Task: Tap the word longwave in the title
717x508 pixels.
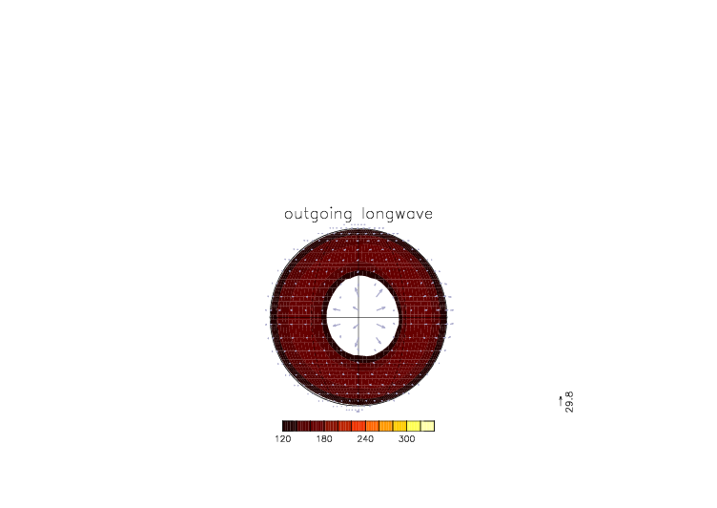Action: tap(398, 214)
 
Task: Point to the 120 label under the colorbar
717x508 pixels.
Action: tap(283, 439)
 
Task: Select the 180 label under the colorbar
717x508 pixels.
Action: tap(324, 439)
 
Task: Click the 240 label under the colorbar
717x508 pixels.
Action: tap(365, 439)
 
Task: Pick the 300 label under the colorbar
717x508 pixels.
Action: tap(406, 439)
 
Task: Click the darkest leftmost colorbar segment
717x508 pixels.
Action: tap(290, 426)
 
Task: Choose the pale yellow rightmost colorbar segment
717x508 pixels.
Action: tap(427, 426)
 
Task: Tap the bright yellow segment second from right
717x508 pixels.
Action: tap(414, 426)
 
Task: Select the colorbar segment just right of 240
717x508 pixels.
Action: tap(372, 426)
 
